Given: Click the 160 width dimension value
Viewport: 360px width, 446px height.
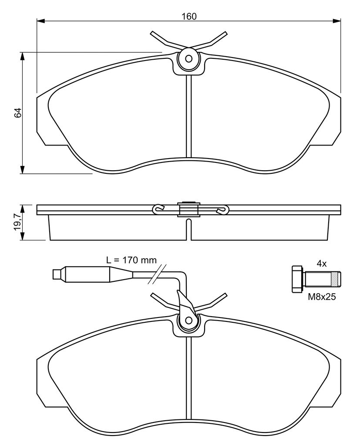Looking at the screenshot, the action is pyautogui.click(x=189, y=17).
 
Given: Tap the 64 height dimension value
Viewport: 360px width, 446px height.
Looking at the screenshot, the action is pyautogui.click(x=18, y=113).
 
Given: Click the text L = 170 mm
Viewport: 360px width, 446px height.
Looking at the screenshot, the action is pyautogui.click(x=131, y=260).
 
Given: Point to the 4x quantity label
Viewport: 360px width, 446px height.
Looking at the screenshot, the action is pyautogui.click(x=322, y=264).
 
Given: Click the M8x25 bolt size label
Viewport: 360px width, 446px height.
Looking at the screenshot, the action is pyautogui.click(x=322, y=297).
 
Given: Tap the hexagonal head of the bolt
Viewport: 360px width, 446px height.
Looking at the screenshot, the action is pyautogui.click(x=297, y=279).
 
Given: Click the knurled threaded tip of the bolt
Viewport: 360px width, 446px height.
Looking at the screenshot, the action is pyautogui.click(x=336, y=279).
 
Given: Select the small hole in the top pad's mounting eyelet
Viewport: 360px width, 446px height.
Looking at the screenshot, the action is pyautogui.click(x=188, y=59).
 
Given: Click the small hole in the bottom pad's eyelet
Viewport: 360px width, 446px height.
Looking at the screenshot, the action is pyautogui.click(x=188, y=320).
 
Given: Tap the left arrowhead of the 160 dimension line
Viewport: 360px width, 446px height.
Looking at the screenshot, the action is pyautogui.click(x=41, y=20).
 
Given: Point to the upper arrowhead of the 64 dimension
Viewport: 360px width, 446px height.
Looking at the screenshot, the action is pyautogui.click(x=22, y=56).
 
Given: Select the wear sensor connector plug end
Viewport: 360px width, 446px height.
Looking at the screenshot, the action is pyautogui.click(x=58, y=274).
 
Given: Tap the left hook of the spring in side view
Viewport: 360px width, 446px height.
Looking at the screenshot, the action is pyautogui.click(x=158, y=209).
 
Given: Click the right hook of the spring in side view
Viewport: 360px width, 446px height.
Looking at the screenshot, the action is pyautogui.click(x=222, y=209).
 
